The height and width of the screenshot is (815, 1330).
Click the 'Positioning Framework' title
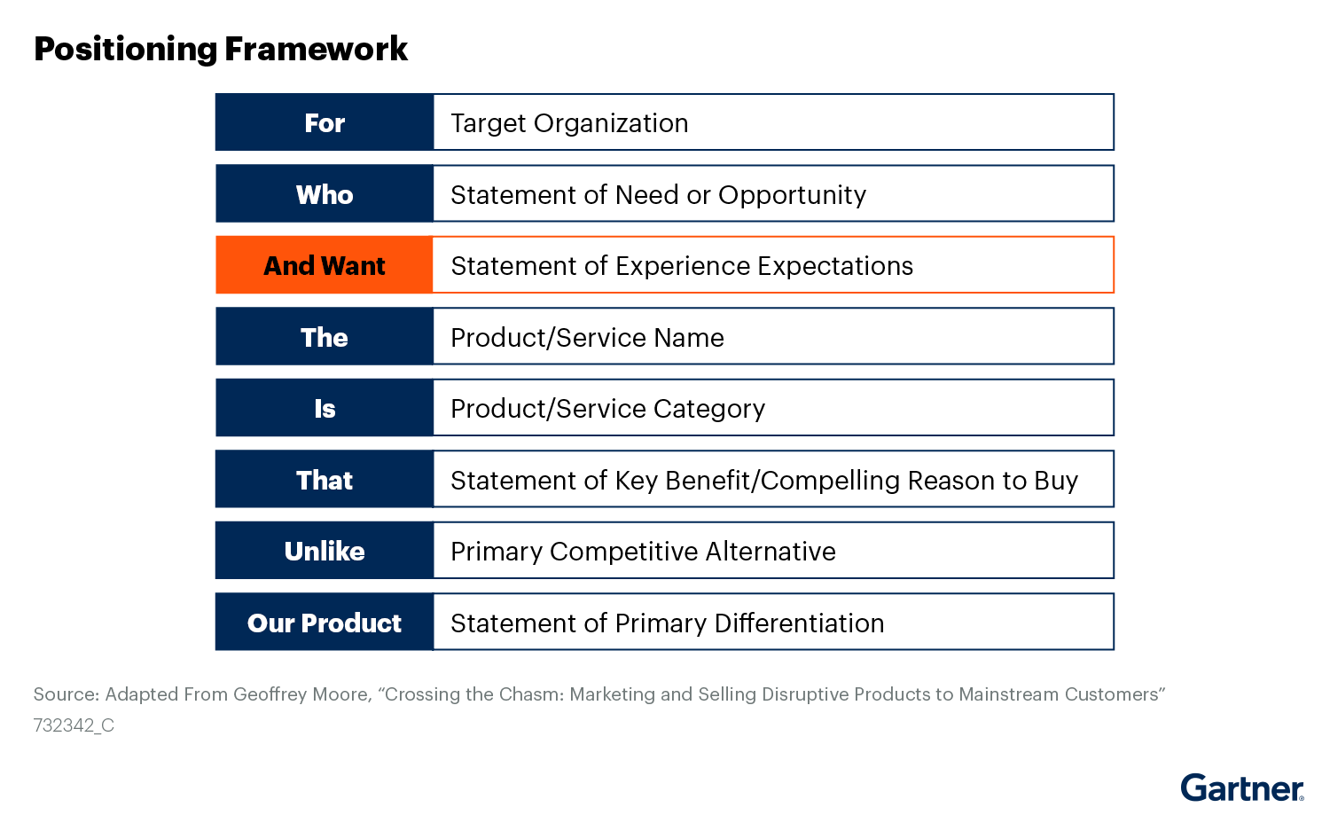pyautogui.click(x=221, y=49)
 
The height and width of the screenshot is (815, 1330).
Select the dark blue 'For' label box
pyautogui.click(x=325, y=122)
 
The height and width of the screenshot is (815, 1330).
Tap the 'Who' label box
pyautogui.click(x=325, y=194)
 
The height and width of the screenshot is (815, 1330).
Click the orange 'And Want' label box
pyautogui.click(x=325, y=265)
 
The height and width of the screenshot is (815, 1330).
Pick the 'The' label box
pyautogui.click(x=325, y=337)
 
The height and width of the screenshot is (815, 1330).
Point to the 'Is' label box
pyautogui.click(x=325, y=408)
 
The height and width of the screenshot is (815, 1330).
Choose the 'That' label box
pyautogui.click(x=325, y=480)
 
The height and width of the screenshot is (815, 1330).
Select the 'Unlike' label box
pyautogui.click(x=325, y=551)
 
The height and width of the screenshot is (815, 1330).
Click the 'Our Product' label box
pyautogui.click(x=325, y=623)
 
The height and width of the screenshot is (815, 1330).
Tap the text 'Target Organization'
pyautogui.click(x=569, y=123)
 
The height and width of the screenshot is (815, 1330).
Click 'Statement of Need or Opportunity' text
pyautogui.click(x=658, y=195)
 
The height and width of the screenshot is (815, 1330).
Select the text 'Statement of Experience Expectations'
pyautogui.click(x=682, y=266)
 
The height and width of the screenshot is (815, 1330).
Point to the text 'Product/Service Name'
pyautogui.click(x=587, y=338)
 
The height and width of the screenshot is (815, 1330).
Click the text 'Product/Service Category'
pyautogui.click(x=607, y=409)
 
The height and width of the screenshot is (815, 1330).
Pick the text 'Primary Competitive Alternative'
pyautogui.click(x=643, y=552)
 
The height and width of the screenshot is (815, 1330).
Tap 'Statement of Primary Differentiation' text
pyautogui.click(x=667, y=623)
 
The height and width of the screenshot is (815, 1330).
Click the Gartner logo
pyautogui.click(x=1241, y=788)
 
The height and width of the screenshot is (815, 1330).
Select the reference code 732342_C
pyautogui.click(x=74, y=725)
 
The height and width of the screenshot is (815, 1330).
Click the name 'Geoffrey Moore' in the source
pyautogui.click(x=301, y=694)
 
